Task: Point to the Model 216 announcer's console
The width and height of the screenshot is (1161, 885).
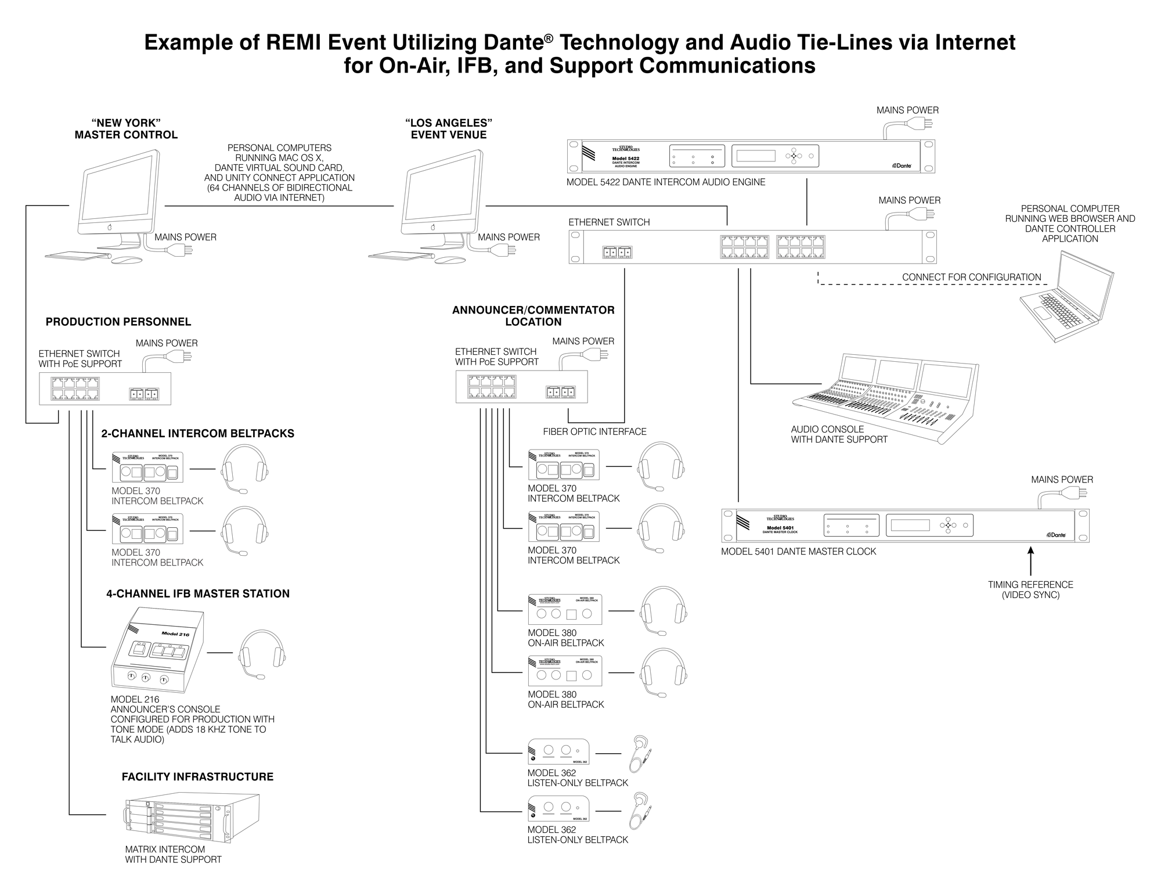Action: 157,650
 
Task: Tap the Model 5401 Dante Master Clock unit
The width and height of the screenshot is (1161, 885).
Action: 905,526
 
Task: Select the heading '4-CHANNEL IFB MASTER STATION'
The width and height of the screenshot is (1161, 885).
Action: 197,593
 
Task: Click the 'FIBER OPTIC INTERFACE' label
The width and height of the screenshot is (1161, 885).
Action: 594,431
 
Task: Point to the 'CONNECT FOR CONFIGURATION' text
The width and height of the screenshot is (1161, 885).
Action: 971,278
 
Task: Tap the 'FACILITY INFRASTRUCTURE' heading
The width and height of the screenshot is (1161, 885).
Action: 197,777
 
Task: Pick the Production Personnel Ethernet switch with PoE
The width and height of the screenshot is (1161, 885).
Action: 105,388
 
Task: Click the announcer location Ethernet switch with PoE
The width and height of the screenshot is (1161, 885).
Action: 521,387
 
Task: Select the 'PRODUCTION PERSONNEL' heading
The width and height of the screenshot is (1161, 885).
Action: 118,322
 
